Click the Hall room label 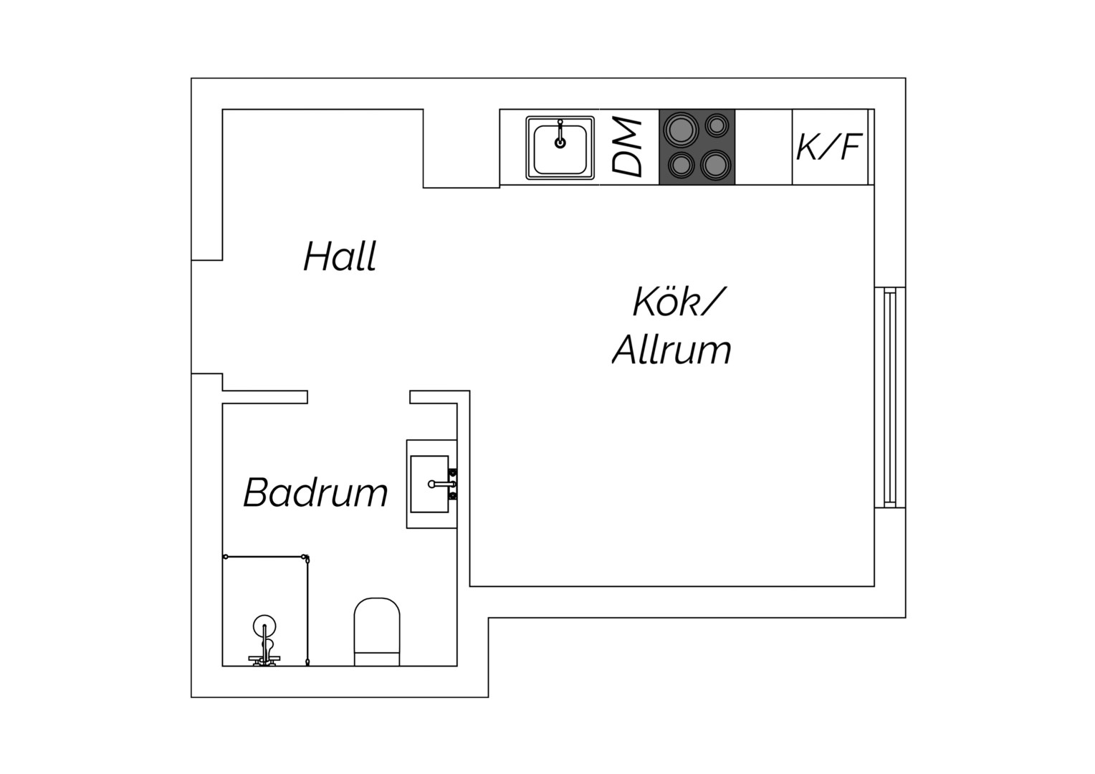(340, 256)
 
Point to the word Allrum (671, 349)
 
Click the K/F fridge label (828, 147)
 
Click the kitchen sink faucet (560, 134)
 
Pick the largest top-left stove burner (680, 128)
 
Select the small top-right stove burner (717, 125)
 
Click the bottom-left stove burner (681, 165)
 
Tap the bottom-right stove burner (716, 164)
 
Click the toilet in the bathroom (377, 631)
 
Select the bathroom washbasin (430, 484)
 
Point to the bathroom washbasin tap (442, 484)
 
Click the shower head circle (264, 626)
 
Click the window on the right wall (890, 397)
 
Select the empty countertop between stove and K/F (763, 147)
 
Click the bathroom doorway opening (358, 397)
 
